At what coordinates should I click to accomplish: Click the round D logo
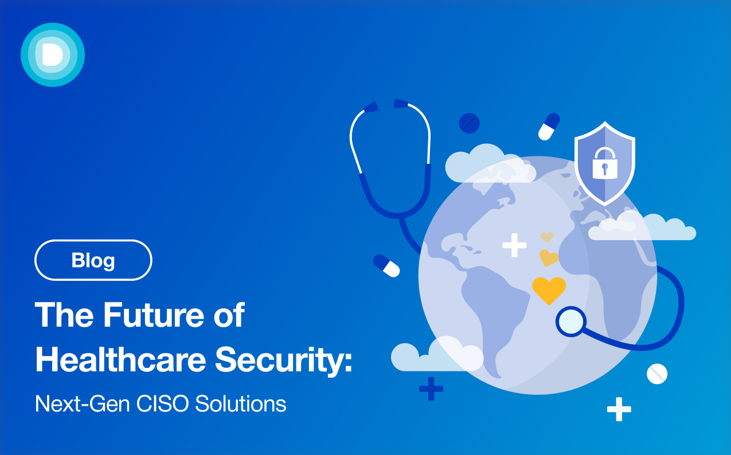(x=53, y=55)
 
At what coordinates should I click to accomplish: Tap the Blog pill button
(x=93, y=260)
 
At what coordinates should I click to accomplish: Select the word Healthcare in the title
(x=120, y=359)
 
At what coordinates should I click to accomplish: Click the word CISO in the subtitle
(x=162, y=403)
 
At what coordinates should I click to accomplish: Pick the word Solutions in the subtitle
(x=240, y=403)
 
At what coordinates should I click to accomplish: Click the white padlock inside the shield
(x=605, y=163)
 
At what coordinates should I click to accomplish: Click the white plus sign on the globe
(x=514, y=245)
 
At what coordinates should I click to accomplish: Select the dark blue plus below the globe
(x=431, y=389)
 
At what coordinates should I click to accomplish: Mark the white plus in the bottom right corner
(x=619, y=409)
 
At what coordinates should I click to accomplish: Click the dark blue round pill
(x=470, y=123)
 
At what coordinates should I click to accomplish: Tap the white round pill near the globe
(x=657, y=374)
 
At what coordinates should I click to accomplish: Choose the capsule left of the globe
(x=386, y=266)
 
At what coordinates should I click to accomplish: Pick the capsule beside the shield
(x=549, y=127)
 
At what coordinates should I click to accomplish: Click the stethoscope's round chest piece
(x=571, y=321)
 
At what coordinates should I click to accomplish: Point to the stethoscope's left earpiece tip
(x=371, y=107)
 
